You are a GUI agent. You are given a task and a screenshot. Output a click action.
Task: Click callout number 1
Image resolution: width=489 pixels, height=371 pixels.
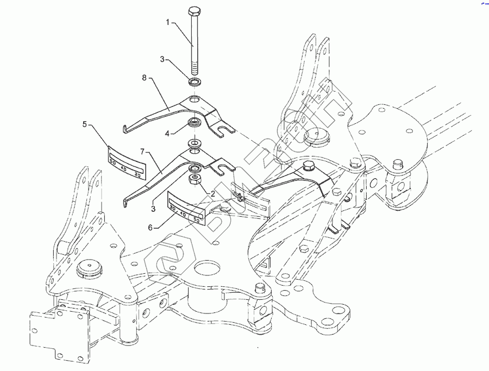pyautogui.click(x=168, y=23)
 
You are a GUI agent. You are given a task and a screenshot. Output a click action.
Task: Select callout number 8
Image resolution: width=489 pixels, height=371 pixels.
pyautogui.click(x=145, y=78)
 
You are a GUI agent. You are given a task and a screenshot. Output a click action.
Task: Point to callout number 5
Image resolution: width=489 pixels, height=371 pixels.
pyautogui.click(x=85, y=124)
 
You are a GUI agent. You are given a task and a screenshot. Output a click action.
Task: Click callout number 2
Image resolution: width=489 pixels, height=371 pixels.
pyautogui.click(x=213, y=193)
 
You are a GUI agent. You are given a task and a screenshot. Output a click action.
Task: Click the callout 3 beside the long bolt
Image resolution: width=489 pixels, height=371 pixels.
pyautogui.click(x=162, y=59)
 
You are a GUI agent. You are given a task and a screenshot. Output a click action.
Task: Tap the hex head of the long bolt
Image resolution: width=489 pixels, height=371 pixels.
pyautogui.click(x=194, y=11)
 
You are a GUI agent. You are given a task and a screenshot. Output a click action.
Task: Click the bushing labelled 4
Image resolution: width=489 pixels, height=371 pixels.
pyautogui.click(x=193, y=122)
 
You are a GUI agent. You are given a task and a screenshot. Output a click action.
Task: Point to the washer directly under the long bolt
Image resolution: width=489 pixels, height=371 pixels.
pyautogui.click(x=194, y=83)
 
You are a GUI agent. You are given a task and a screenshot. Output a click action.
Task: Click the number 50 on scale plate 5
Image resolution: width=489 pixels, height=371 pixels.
pyautogui.click(x=113, y=162)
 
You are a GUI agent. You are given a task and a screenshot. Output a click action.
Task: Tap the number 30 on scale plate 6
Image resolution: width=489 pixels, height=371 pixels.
pyautogui.click(x=173, y=207)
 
